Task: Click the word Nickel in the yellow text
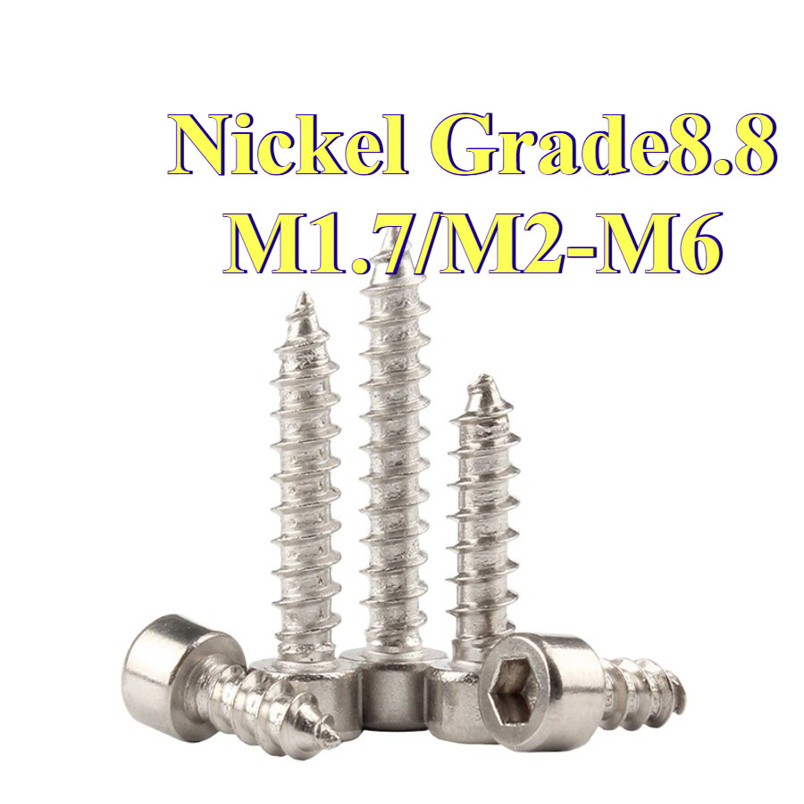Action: tap(288, 145)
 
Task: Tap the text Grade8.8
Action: tap(604, 145)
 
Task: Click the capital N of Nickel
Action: tap(206, 145)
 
